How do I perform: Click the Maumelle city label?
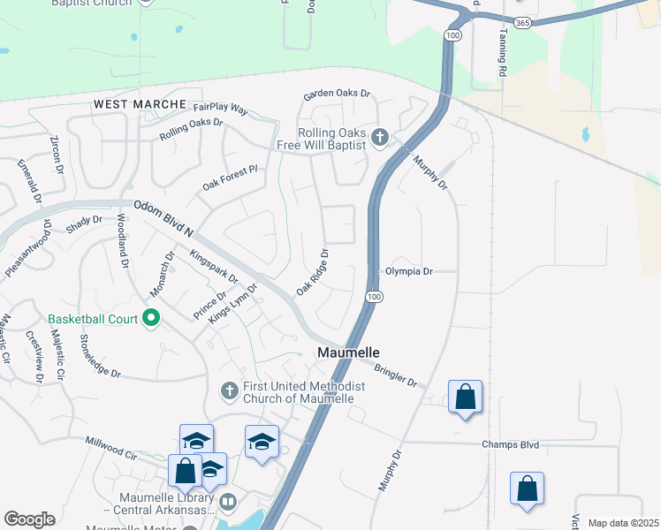click(x=348, y=353)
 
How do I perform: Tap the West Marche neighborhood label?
click(x=141, y=104)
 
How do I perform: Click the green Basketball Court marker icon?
click(x=150, y=318)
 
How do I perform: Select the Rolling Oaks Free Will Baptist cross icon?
click(x=380, y=137)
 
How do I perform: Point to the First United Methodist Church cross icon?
click(x=229, y=390)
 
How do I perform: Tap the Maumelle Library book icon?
click(x=229, y=503)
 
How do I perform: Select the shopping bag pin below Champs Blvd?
click(x=527, y=489)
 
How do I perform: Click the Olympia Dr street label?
click(x=408, y=272)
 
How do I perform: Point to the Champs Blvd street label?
click(x=511, y=445)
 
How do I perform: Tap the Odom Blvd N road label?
click(x=163, y=217)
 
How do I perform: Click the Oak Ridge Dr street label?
click(x=313, y=273)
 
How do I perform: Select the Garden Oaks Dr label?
click(x=337, y=94)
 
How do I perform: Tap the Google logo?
click(x=29, y=519)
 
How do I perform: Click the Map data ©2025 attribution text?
click(x=623, y=523)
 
